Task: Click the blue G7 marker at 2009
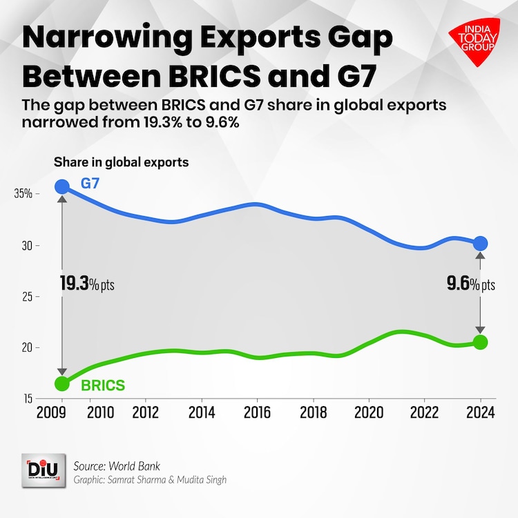tap(62, 186)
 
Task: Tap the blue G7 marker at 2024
tap(480, 243)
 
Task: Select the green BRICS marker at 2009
tap(62, 383)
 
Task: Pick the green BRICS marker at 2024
tap(480, 342)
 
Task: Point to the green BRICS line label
tap(103, 385)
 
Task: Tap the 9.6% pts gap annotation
tap(469, 285)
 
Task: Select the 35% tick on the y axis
tap(23, 194)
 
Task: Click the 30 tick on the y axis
tap(26, 245)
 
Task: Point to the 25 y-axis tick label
tap(26, 296)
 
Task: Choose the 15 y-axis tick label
tap(26, 399)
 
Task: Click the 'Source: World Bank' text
tap(116, 466)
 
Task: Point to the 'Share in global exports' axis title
tap(122, 162)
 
